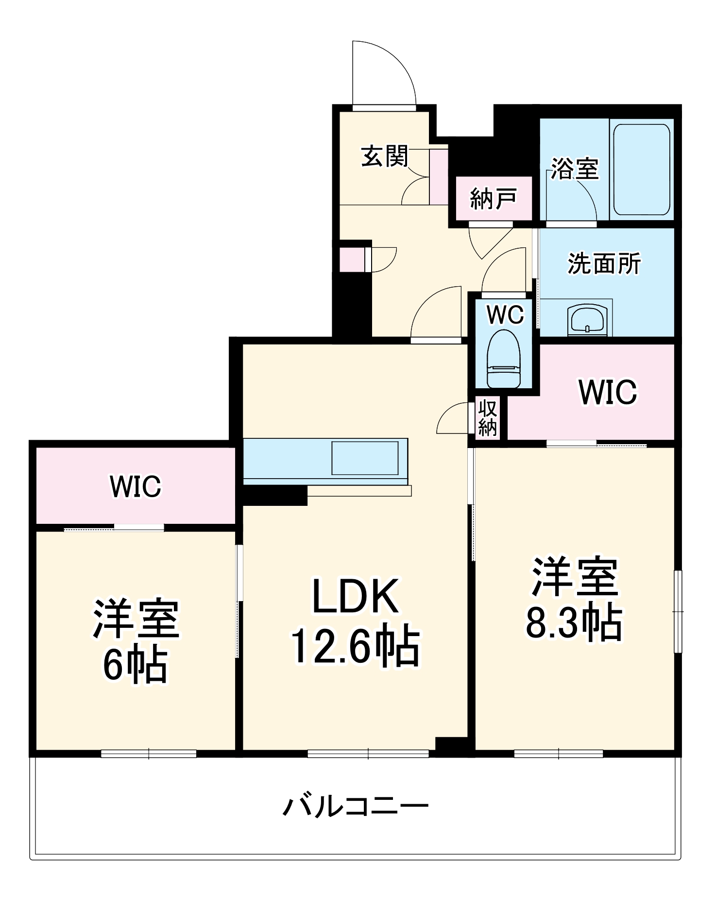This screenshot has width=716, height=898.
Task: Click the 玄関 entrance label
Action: click(x=385, y=156)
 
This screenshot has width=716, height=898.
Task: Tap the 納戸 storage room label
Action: click(x=493, y=199)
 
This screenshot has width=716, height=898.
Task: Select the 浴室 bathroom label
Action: click(x=575, y=169)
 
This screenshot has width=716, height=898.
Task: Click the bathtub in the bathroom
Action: click(x=641, y=170)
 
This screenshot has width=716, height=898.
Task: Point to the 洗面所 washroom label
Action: click(x=604, y=263)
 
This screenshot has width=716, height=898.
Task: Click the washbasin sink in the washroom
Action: click(x=587, y=320)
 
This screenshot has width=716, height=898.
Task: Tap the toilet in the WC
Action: click(x=503, y=358)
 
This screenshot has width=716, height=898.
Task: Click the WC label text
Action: click(x=505, y=314)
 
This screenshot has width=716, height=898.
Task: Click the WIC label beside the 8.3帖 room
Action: click(x=608, y=392)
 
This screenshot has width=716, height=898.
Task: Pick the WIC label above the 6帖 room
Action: click(x=135, y=486)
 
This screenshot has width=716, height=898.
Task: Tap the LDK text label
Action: click(x=355, y=596)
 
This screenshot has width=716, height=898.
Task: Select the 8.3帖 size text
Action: click(x=574, y=622)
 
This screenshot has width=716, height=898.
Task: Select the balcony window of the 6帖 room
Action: click(x=149, y=754)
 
